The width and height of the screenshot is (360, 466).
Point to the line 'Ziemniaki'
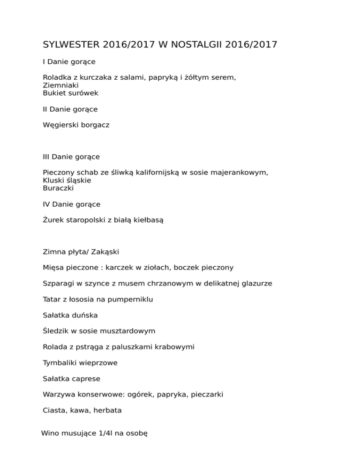pos(60,85)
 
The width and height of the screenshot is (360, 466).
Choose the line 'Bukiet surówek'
pos(70,93)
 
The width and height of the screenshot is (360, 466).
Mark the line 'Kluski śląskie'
pos(67,180)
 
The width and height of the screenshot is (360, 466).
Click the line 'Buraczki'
pos(58,188)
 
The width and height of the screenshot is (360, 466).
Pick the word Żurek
pos(53,219)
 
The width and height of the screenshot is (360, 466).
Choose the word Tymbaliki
pos(60,363)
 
